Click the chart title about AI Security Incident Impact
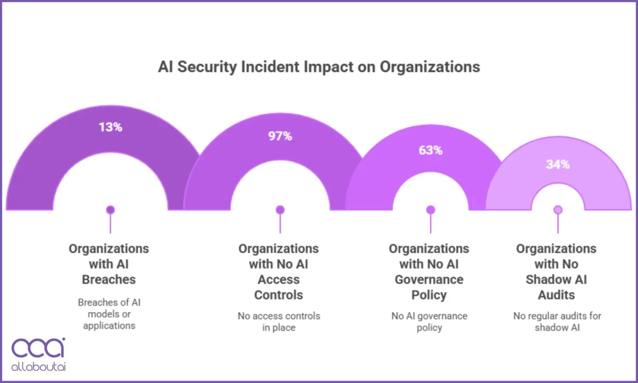[319, 67]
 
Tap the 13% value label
[110, 127]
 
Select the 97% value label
[280, 136]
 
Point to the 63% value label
[430, 150]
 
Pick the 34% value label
[558, 164]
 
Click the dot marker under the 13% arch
[110, 210]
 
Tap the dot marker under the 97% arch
[280, 210]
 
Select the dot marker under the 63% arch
[430, 210]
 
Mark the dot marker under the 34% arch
[558, 210]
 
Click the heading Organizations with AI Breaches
[109, 264]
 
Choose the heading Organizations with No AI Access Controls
[279, 272]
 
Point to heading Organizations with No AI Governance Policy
[429, 272]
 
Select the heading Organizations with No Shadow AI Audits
[557, 272]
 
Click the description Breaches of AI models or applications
[109, 313]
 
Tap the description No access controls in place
[279, 322]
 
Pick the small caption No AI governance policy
[429, 322]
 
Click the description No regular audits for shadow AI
[557, 322]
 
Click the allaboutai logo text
[39, 367]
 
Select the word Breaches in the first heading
[109, 279]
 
